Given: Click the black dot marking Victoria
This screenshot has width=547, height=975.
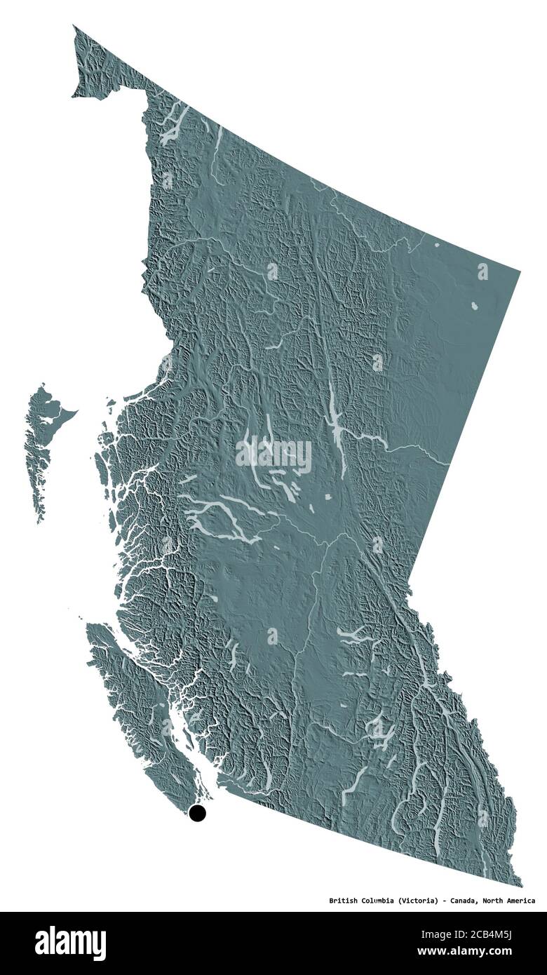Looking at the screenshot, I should [x=198, y=813].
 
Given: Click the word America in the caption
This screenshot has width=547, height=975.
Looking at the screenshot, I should [x=520, y=901].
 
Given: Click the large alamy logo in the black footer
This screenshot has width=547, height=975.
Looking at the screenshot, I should [x=70, y=943].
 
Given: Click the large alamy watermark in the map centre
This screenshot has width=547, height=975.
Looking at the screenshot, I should [x=273, y=455].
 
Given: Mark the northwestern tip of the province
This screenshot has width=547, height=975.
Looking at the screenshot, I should [x=74, y=27].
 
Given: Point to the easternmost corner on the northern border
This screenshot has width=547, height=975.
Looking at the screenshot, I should [x=520, y=270].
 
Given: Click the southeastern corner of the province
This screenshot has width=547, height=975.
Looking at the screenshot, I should [x=521, y=885].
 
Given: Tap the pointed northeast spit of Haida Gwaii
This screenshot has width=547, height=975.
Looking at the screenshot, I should [x=76, y=412].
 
